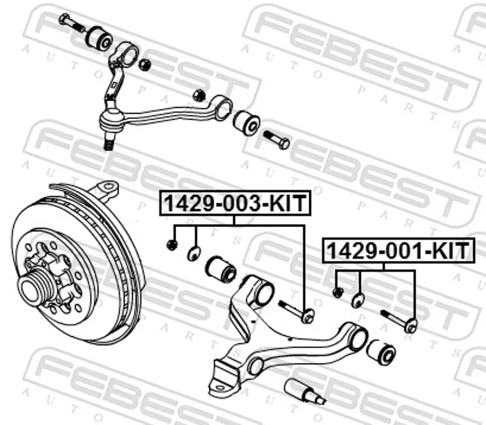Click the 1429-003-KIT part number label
coord(235,203)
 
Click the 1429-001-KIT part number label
coord(399,251)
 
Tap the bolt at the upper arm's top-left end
coord(72,22)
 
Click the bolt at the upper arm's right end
coord(276,140)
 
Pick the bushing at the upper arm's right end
coord(247,123)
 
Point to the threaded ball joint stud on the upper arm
coord(108,143)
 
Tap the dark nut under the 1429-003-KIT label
coord(172,245)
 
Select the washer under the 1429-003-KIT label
coord(194,253)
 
